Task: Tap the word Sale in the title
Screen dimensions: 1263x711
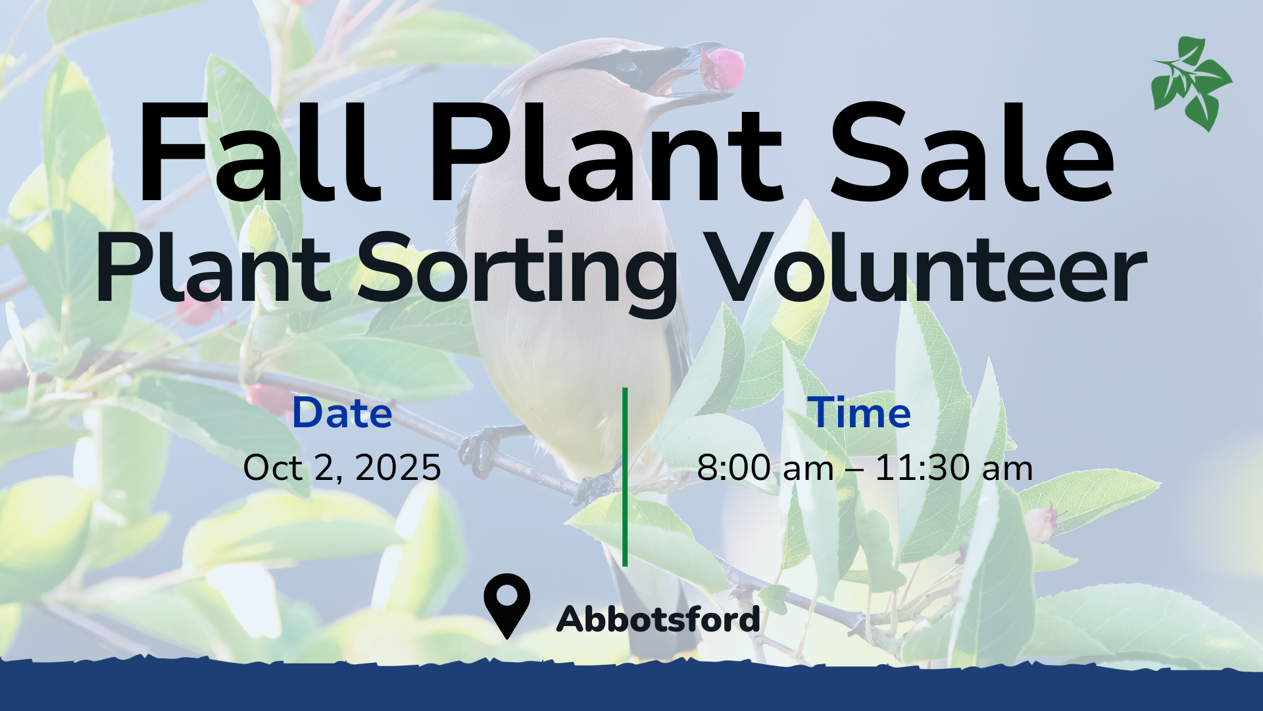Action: (972, 152)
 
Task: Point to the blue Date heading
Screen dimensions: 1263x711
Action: (342, 413)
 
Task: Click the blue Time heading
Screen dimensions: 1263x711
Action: (859, 413)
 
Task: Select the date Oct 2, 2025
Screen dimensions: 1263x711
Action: (342, 468)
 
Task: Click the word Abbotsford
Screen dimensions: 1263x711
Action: (658, 619)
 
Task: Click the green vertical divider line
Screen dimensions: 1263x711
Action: (625, 477)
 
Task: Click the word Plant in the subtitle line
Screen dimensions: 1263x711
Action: (213, 267)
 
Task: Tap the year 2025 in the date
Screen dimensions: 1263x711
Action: (398, 468)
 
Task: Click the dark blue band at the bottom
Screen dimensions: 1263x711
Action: (631, 688)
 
